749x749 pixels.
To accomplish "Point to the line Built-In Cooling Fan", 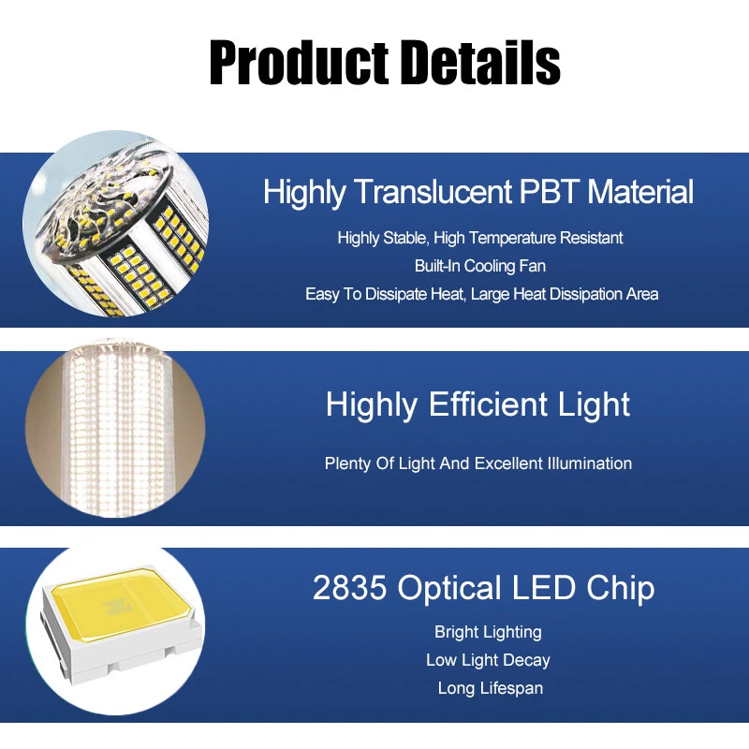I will coord(480,266).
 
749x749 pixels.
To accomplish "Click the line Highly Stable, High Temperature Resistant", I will coord(480,238).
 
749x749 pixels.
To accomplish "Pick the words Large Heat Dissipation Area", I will coord(565,294).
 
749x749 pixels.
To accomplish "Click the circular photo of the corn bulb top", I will coord(114,225).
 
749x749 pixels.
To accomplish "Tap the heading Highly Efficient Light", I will coord(477,404).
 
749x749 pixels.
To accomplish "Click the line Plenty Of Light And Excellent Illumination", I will coord(477,463).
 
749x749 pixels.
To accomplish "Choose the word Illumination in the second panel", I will coord(585,463).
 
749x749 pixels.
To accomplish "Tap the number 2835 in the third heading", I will coord(350,588).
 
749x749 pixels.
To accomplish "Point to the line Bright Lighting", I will coord(488,632).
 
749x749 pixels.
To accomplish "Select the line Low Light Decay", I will coord(488,660).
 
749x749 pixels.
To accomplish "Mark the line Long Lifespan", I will coord(490,688).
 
